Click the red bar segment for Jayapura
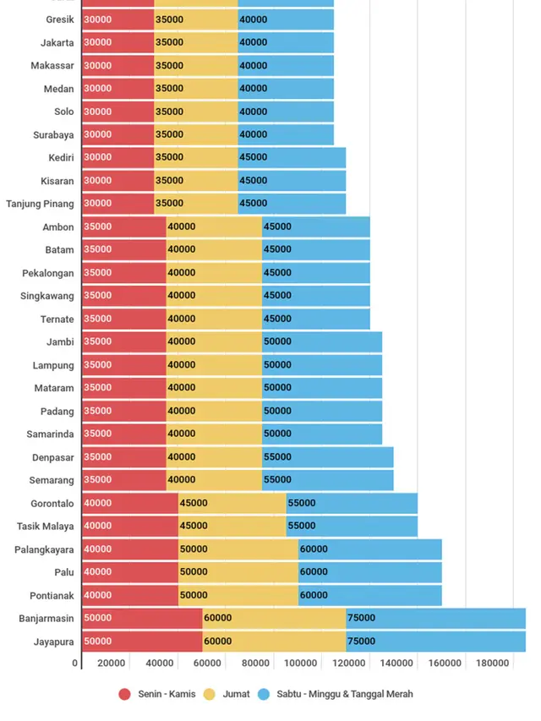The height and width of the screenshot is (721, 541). click(142, 642)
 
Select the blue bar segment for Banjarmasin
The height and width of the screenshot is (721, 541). click(435, 618)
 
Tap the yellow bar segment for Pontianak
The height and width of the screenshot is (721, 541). click(238, 595)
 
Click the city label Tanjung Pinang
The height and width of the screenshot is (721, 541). click(40, 204)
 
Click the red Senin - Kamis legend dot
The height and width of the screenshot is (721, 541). click(125, 695)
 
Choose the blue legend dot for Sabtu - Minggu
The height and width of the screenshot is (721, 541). click(264, 695)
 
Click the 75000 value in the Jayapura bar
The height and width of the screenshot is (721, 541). click(361, 642)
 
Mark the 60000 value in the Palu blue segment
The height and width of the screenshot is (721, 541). click(314, 572)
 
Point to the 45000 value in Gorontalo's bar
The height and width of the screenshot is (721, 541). click(194, 503)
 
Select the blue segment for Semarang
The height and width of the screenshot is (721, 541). click(327, 480)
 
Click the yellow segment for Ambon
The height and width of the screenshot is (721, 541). click(214, 227)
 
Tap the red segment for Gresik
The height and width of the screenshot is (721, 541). click(118, 19)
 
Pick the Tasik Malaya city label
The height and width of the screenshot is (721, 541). click(45, 526)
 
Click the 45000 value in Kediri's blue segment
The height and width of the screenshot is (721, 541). click(254, 157)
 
